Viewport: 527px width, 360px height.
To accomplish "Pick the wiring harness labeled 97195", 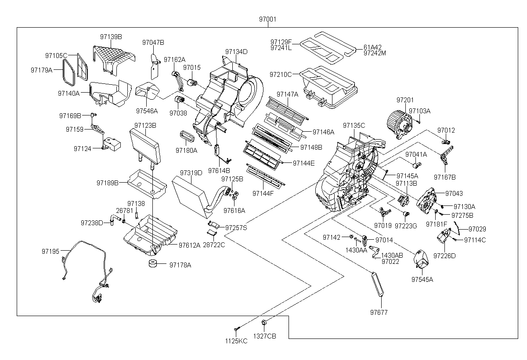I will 88,268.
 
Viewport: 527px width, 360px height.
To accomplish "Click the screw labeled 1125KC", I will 236,329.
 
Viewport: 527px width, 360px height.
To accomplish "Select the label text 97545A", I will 422,279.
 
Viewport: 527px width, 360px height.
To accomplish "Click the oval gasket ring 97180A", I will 188,137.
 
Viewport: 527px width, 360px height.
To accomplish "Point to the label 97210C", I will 281,74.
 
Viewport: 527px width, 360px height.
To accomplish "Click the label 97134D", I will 236,51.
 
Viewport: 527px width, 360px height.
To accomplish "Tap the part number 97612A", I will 189,245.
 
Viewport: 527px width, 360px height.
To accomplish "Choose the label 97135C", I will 354,125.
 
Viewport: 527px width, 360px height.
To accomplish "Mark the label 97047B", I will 153,42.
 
